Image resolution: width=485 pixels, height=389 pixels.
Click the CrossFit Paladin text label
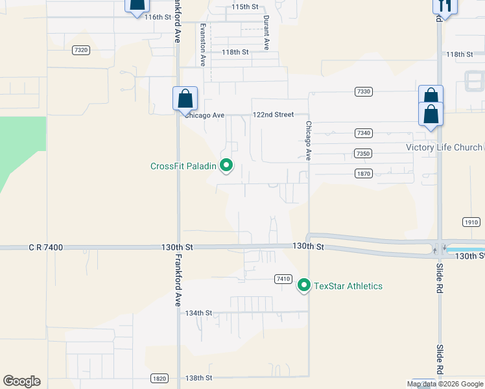(183, 166)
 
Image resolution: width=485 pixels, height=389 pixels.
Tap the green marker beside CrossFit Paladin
(226, 166)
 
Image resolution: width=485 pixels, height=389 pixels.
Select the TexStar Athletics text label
(348, 286)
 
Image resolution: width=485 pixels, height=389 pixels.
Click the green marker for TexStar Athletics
(303, 285)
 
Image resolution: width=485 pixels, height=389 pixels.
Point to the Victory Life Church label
(444, 147)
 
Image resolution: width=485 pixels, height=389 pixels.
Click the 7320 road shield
(81, 50)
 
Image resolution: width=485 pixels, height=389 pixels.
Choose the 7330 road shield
(363, 92)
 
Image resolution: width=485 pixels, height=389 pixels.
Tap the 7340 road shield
(363, 133)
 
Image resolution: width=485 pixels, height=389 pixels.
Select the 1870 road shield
(363, 173)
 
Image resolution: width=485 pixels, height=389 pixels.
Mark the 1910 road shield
(471, 222)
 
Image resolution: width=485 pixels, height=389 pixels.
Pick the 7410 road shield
(282, 279)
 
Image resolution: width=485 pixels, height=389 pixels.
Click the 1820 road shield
(159, 378)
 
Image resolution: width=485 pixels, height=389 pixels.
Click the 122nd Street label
(273, 115)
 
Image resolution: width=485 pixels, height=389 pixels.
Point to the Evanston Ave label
(203, 45)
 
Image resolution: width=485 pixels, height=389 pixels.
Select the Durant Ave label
(266, 33)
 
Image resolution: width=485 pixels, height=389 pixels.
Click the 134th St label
(198, 313)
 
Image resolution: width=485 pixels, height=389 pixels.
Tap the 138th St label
(198, 378)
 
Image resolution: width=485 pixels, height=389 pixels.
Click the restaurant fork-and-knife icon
(445, 5)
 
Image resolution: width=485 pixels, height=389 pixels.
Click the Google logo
(21, 381)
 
